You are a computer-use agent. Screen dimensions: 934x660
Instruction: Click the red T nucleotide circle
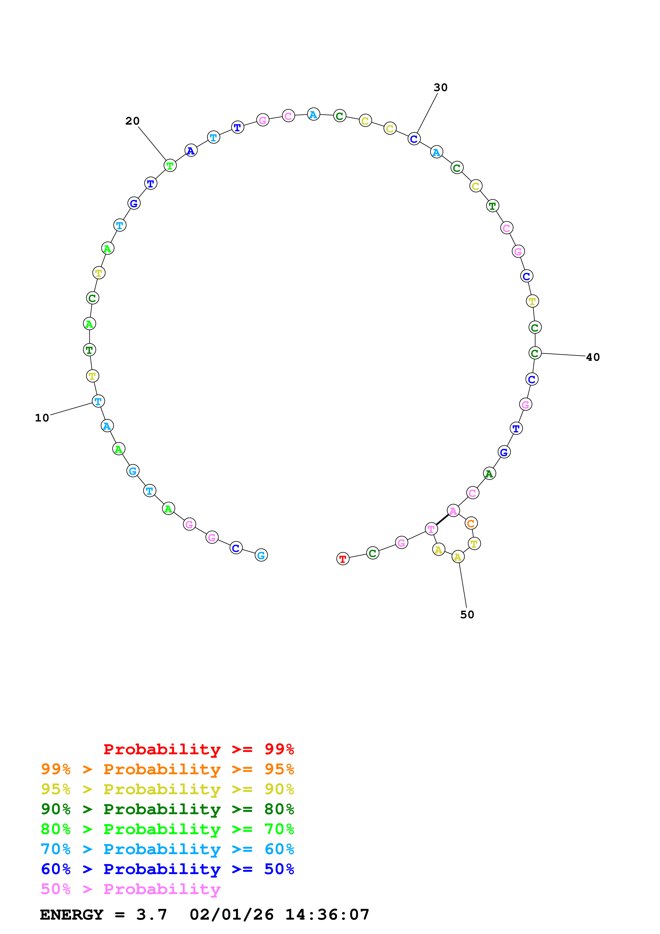click(343, 559)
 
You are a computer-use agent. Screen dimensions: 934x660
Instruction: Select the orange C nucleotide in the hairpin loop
click(471, 523)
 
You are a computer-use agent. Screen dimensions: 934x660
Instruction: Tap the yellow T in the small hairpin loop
click(474, 543)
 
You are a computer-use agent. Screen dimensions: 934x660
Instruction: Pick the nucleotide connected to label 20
click(170, 166)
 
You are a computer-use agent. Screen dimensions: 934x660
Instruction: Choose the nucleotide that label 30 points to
click(414, 139)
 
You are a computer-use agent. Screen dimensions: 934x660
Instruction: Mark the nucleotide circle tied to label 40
click(535, 353)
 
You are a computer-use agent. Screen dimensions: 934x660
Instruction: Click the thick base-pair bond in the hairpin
click(442, 519)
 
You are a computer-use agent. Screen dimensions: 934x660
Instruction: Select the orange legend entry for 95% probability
click(167, 769)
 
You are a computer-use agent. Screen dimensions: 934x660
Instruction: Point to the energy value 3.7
click(152, 915)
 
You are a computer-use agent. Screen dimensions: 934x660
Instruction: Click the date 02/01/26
click(231, 915)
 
